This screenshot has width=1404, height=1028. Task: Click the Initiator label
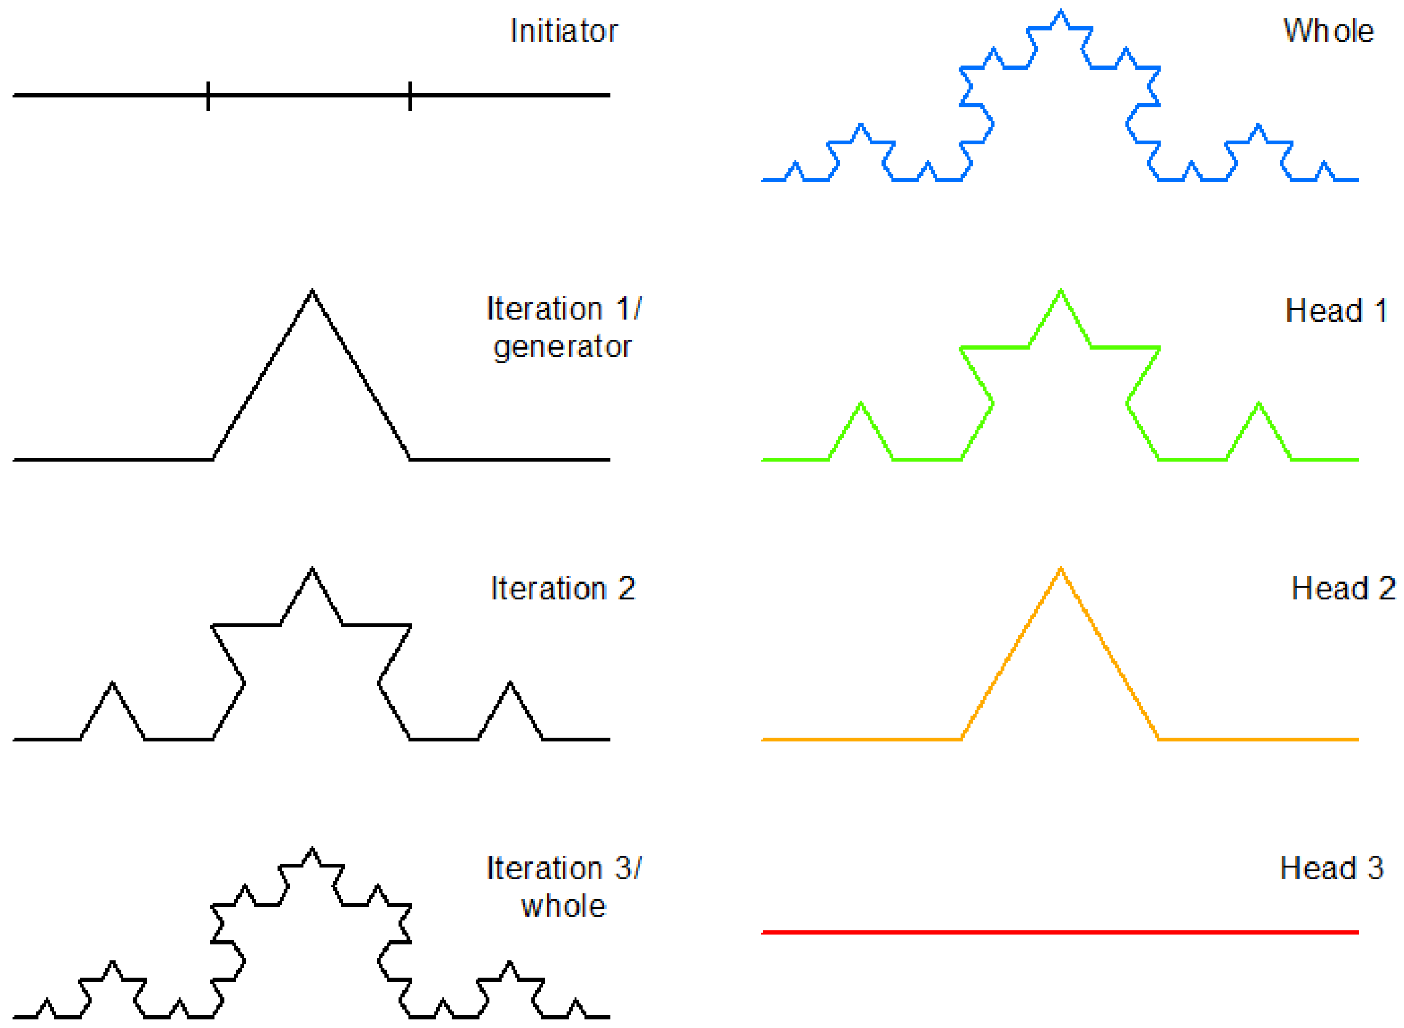[x=563, y=31]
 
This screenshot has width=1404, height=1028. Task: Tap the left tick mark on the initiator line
[x=208, y=96]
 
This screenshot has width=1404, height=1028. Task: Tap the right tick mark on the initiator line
[x=410, y=96]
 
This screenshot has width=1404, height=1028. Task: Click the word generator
[x=562, y=346]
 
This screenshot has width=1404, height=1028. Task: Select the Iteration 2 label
[x=562, y=588]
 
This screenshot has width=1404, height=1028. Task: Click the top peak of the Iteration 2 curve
[x=312, y=569]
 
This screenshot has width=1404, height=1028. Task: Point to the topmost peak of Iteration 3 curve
[x=312, y=849]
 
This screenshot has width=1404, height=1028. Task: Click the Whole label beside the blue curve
[x=1328, y=31]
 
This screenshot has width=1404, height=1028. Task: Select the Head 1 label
[x=1336, y=311]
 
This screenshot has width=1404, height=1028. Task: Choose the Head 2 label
[x=1343, y=588]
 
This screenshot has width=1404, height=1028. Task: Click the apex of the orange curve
[x=1060, y=569]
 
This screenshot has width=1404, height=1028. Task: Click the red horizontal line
[x=1059, y=932]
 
